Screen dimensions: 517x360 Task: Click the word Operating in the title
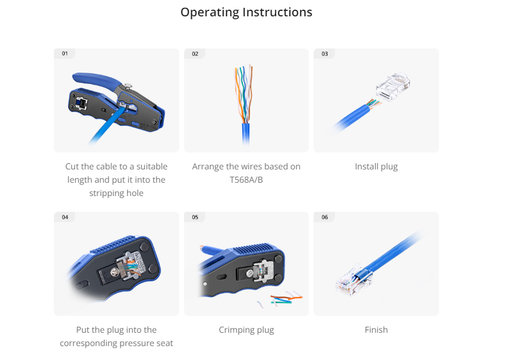click(209, 13)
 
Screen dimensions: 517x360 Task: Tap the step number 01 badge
click(65, 53)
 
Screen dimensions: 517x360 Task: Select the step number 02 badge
click(195, 53)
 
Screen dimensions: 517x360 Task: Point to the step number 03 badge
click(324, 53)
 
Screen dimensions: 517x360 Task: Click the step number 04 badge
click(65, 217)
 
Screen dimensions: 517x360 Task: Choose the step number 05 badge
click(195, 217)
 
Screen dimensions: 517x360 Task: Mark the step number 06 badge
click(324, 217)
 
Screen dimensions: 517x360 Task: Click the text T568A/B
click(246, 180)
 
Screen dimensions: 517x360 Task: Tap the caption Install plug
click(376, 166)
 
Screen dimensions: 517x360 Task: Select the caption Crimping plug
click(246, 330)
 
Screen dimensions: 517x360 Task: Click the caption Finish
click(376, 330)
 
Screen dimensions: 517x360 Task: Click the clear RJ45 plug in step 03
click(393, 87)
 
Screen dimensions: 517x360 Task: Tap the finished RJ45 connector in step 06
click(353, 281)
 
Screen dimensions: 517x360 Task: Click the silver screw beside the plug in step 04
click(114, 272)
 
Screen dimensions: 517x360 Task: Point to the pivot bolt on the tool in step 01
click(128, 87)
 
